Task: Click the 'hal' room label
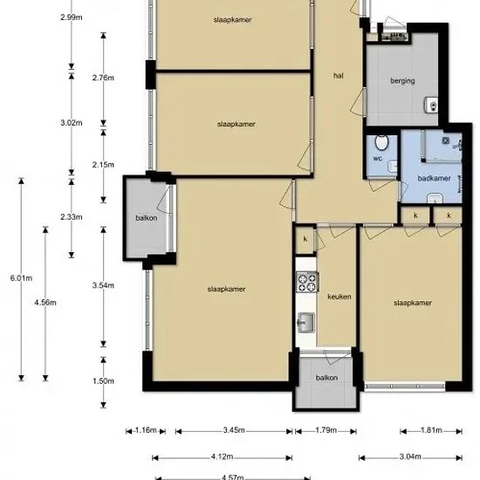tap(339, 75)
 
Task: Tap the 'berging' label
tap(402, 81)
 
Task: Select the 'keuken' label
tap(339, 297)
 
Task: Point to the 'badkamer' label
tap(434, 178)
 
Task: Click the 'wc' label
tap(377, 158)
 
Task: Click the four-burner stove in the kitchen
tap(307, 282)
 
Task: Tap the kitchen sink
tap(305, 322)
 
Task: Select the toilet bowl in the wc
tap(381, 142)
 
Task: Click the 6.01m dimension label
tap(21, 278)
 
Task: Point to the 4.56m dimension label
tap(45, 303)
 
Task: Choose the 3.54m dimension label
tap(103, 285)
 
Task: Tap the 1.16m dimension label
tap(146, 430)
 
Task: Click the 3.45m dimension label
tap(234, 430)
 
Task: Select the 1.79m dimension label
tap(326, 430)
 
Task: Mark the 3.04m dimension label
tap(410, 456)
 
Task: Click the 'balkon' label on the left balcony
tap(147, 218)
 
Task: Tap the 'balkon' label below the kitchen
tap(326, 378)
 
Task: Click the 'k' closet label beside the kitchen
tap(305, 239)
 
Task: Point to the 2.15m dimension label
tap(103, 165)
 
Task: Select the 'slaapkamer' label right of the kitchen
tap(413, 303)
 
